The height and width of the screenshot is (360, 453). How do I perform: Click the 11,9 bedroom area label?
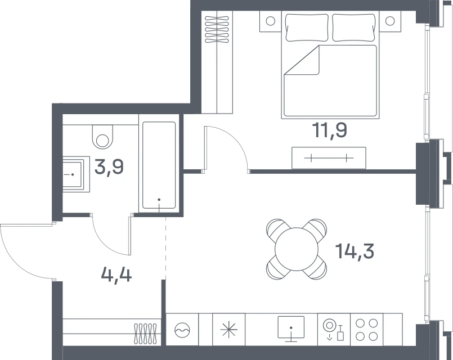[x=330, y=130]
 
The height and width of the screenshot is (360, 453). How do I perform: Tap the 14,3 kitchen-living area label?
[x=355, y=251]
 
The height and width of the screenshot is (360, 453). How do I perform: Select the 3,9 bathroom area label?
[x=109, y=167]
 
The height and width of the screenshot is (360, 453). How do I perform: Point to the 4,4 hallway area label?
[x=116, y=274]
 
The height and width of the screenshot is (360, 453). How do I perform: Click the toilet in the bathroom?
[x=102, y=137]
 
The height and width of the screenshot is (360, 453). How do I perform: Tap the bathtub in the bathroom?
[x=159, y=165]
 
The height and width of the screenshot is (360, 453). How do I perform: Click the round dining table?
[x=297, y=249]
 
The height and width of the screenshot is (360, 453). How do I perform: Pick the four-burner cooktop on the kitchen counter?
[x=366, y=330]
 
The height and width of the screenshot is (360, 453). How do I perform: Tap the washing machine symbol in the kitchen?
[x=182, y=330]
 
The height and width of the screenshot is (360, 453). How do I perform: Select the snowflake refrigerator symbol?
[x=228, y=330]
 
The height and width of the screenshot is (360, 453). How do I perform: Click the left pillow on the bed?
[x=307, y=28]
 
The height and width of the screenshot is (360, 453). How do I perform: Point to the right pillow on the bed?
[x=355, y=28]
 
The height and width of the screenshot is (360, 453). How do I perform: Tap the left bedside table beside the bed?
[x=271, y=21]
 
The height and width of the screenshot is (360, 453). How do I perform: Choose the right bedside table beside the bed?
[x=390, y=21]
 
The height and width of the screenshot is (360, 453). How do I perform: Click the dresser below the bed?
[x=329, y=158]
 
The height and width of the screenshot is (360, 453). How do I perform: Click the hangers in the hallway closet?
[x=145, y=334]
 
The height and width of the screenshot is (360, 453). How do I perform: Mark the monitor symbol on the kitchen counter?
[x=291, y=329]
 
